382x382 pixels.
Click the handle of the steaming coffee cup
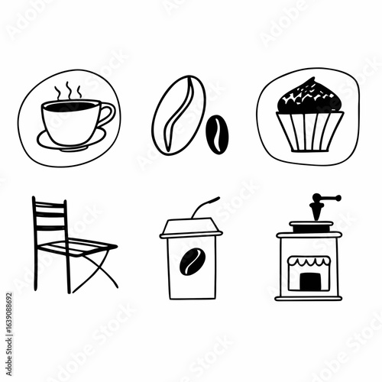pyautogui.click(x=107, y=116)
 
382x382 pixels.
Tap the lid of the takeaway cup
pyautogui.click(x=190, y=227)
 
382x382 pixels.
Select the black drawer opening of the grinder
pyautogui.click(x=309, y=282)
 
